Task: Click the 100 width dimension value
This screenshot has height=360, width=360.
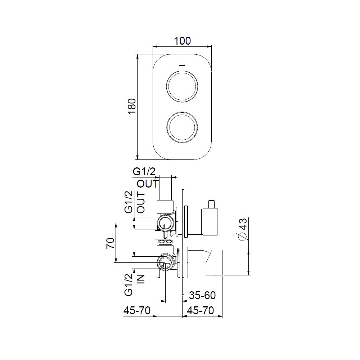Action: point(182,41)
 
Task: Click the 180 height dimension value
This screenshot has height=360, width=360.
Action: point(132,107)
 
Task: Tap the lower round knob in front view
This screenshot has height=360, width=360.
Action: point(182,127)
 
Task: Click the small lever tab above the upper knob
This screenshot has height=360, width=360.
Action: point(182,69)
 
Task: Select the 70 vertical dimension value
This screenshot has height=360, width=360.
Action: point(110,243)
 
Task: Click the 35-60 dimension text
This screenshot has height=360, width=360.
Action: point(202,296)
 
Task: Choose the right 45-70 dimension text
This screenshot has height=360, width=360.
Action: point(199,310)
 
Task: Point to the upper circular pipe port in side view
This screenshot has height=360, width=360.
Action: point(166,223)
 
